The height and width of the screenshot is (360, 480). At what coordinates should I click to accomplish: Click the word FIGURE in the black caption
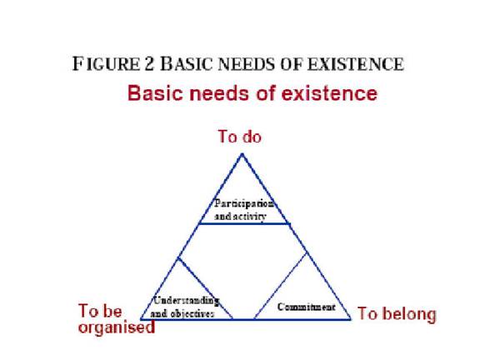point(106,64)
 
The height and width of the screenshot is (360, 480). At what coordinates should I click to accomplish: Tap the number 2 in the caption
point(149,64)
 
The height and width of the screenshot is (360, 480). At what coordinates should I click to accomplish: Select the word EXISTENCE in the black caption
point(355,64)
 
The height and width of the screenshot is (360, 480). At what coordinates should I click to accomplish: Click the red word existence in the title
point(329,93)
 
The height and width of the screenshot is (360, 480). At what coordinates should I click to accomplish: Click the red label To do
point(240,136)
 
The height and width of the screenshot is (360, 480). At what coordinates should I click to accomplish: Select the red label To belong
point(397,314)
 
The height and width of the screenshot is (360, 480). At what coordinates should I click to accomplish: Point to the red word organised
point(117,327)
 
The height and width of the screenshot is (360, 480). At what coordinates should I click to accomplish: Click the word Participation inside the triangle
point(244,203)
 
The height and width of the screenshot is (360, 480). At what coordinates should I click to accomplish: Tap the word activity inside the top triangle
point(249,217)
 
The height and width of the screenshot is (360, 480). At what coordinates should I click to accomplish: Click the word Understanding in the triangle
point(187,301)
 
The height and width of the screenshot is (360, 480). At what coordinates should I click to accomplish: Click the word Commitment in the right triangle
point(306,307)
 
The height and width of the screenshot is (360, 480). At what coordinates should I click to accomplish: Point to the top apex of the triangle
point(242,154)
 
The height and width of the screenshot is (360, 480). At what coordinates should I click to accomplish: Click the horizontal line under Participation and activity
point(245,224)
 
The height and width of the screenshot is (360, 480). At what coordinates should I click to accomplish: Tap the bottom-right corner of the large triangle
point(350,319)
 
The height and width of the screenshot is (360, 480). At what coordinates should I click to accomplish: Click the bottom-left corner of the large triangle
point(141,319)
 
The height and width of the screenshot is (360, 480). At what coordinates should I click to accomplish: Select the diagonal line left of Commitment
point(280,286)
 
